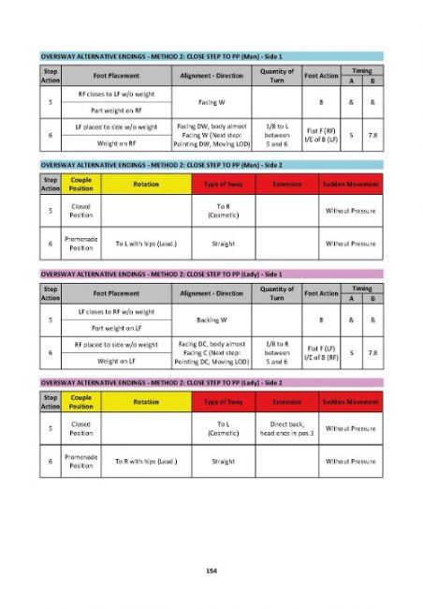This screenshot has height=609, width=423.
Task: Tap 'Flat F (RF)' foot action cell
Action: [321, 136]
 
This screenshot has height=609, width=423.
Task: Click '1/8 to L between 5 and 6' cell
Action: [277, 136]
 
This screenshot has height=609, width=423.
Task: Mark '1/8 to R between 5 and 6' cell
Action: [277, 355]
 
